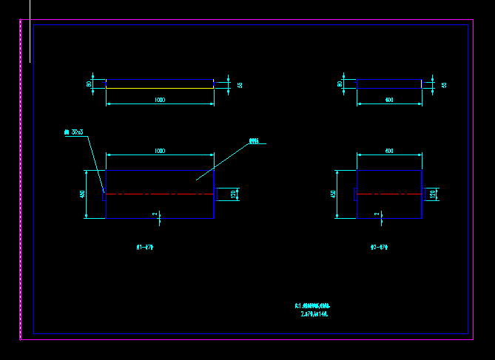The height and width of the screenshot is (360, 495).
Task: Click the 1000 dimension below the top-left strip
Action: pyautogui.click(x=160, y=99)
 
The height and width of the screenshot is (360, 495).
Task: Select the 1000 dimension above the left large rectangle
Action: pyautogui.click(x=160, y=151)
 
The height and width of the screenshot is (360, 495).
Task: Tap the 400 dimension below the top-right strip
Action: pyautogui.click(x=389, y=99)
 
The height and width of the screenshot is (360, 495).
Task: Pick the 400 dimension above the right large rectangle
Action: pyautogui.click(x=389, y=151)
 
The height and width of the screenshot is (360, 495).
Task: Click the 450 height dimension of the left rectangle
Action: pyautogui.click(x=83, y=194)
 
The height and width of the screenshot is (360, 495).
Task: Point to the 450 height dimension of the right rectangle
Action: pyautogui.click(x=333, y=194)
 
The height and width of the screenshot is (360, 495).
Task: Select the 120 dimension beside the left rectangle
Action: pyautogui.click(x=234, y=194)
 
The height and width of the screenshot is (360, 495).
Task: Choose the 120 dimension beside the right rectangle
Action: pyautogui.click(x=434, y=194)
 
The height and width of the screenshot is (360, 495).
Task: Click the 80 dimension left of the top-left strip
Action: pyautogui.click(x=90, y=84)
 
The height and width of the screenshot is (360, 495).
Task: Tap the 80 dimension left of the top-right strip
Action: pyautogui.click(x=340, y=84)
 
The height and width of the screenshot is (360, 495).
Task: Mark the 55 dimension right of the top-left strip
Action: pyautogui.click(x=240, y=85)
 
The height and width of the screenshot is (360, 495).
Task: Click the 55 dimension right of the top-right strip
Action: pyautogui.click(x=444, y=85)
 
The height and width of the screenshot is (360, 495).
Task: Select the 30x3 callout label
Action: pyautogui.click(x=74, y=132)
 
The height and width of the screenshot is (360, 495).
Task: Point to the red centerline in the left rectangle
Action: pyautogui.click(x=160, y=194)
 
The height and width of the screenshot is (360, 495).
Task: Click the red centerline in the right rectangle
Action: pyautogui.click(x=389, y=194)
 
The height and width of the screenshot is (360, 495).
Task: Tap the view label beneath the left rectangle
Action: pyautogui.click(x=145, y=248)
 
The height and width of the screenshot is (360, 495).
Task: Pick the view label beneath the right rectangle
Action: pyautogui.click(x=379, y=248)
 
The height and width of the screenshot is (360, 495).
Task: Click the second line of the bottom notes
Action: pyautogui.click(x=314, y=314)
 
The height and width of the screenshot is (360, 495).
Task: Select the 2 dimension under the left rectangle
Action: pyautogui.click(x=155, y=214)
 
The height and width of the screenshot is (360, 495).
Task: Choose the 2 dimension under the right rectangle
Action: pyautogui.click(x=377, y=214)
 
